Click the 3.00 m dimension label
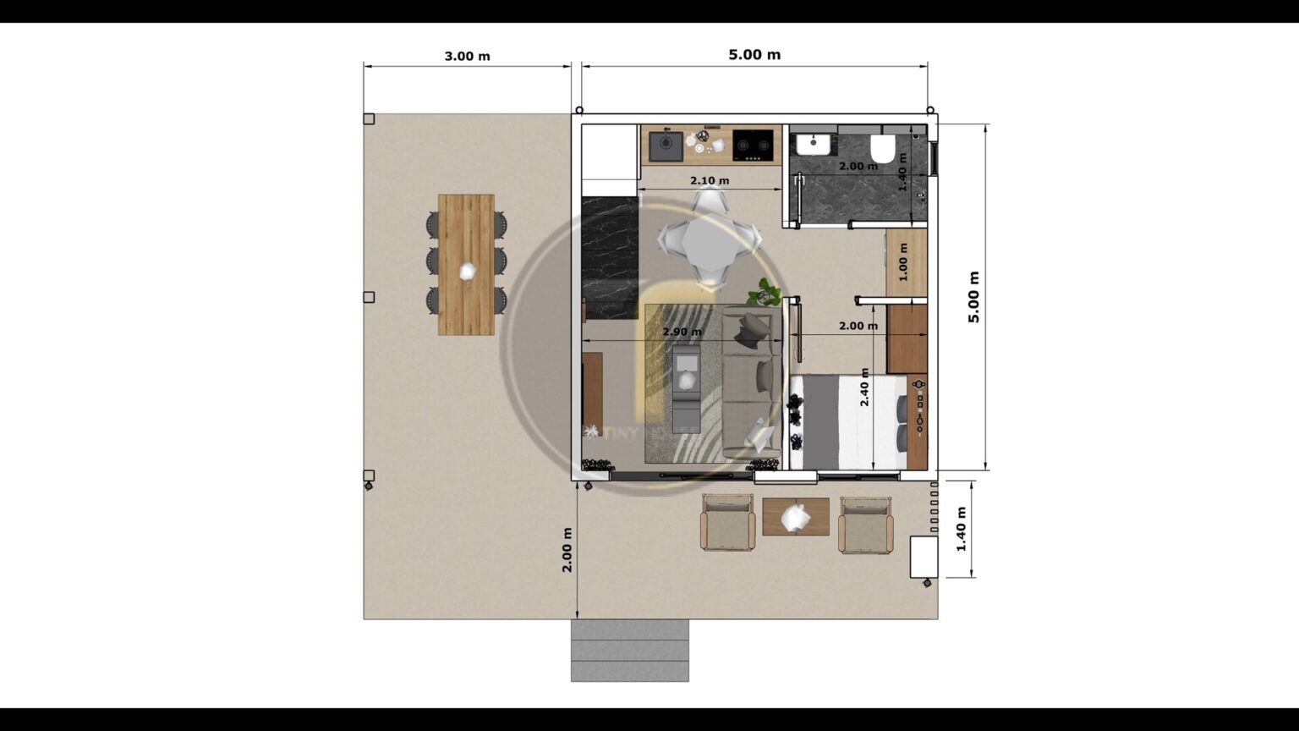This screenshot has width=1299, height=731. (x=467, y=57)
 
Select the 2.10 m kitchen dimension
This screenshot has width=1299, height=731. (x=709, y=180)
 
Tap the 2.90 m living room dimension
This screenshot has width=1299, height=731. (x=682, y=332)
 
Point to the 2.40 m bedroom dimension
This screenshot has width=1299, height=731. (x=864, y=387)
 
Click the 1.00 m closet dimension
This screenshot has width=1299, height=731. (x=903, y=262)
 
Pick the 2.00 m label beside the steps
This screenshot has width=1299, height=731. (x=567, y=549)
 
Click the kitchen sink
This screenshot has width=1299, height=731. (x=666, y=146)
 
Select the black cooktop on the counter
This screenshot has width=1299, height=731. (x=753, y=145)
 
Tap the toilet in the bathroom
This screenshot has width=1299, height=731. (x=883, y=149)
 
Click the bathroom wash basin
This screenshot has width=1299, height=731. (x=813, y=144)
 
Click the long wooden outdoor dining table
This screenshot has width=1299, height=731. (x=466, y=265)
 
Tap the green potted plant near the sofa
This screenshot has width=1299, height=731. (x=766, y=293)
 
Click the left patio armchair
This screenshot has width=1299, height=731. (x=727, y=523)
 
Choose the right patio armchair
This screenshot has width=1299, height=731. (x=865, y=525)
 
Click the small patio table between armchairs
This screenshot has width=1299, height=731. (x=795, y=517)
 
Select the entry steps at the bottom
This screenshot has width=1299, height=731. (x=629, y=650)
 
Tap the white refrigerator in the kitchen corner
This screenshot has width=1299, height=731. (x=609, y=152)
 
